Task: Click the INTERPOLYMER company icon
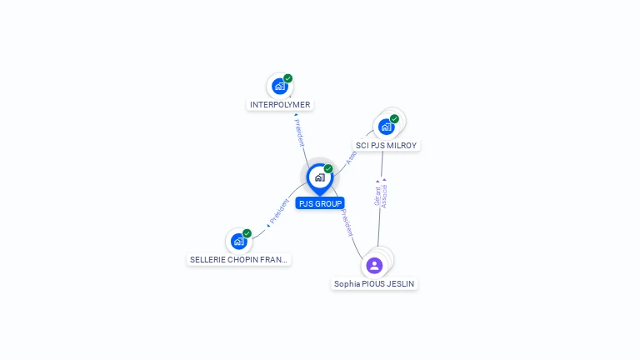pos(280,86)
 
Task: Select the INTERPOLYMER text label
pos(280,105)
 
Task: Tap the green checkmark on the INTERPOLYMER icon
pos(287,78)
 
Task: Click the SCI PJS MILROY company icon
pos(386,127)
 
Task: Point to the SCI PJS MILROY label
pos(386,146)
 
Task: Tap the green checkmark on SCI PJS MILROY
pos(394,119)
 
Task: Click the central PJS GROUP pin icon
pos(319,177)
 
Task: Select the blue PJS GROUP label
pos(319,203)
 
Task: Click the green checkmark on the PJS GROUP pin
pos(328,168)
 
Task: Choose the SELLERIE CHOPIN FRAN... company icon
pos(239,242)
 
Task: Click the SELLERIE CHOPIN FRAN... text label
pos(239,260)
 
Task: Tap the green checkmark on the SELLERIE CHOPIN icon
pos(247,233)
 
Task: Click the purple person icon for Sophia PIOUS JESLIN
pos(374,266)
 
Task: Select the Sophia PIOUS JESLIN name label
pos(374,284)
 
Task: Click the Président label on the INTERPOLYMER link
pos(299,132)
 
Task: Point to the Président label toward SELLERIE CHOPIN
pos(278,212)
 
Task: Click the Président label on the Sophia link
pos(346,222)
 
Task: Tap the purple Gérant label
pos(377,193)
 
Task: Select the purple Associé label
pos(384,193)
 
